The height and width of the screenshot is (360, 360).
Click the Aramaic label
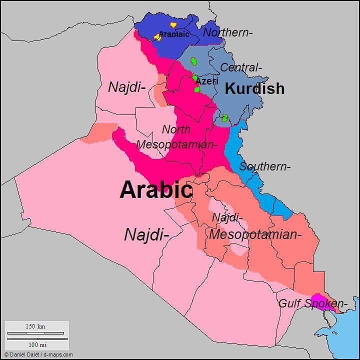point(174,34)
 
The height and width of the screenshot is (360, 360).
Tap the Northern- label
point(227,32)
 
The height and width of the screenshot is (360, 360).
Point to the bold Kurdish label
point(254,88)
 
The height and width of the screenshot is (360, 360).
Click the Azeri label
point(207,81)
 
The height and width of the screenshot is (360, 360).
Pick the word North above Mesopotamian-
point(176,129)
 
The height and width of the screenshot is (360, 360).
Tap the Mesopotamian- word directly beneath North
point(177,144)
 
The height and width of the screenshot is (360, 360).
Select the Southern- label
point(264,166)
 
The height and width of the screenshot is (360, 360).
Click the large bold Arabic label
point(156,190)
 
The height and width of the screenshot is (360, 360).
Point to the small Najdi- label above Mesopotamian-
point(227,218)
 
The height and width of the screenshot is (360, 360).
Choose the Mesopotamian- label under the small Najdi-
point(255,234)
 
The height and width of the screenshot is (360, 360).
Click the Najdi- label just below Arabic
point(146,234)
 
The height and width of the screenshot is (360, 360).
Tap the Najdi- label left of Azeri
point(126,87)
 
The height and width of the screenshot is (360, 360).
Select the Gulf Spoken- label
point(312,303)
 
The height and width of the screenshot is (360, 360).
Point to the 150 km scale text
point(35,326)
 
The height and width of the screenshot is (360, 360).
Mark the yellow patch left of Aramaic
point(157,36)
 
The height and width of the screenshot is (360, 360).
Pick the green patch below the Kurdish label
point(225,118)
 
